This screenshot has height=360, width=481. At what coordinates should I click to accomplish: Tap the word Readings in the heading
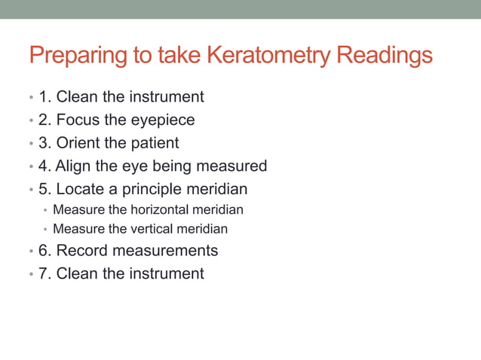(384, 56)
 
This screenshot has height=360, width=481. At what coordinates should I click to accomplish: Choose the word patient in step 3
(153, 142)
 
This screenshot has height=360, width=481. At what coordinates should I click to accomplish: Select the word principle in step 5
(154, 188)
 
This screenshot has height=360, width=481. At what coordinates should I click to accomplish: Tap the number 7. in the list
(44, 273)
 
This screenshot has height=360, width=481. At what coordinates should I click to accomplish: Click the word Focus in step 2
(78, 120)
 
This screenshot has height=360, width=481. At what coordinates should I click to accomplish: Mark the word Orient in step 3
(79, 142)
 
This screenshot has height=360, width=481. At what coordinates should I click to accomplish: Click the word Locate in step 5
(83, 188)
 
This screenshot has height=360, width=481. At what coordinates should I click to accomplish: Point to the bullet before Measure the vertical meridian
(45, 230)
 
